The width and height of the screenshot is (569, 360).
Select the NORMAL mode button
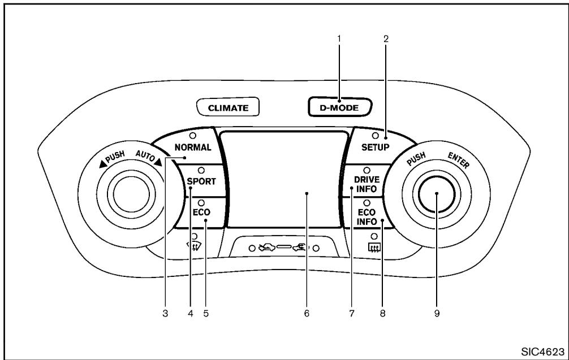[x=193, y=147]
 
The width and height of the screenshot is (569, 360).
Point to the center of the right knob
[x=437, y=194]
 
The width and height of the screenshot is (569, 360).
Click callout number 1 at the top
[x=339, y=38]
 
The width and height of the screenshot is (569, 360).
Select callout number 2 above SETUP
[x=386, y=38]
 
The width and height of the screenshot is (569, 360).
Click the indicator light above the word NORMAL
[x=192, y=136]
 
